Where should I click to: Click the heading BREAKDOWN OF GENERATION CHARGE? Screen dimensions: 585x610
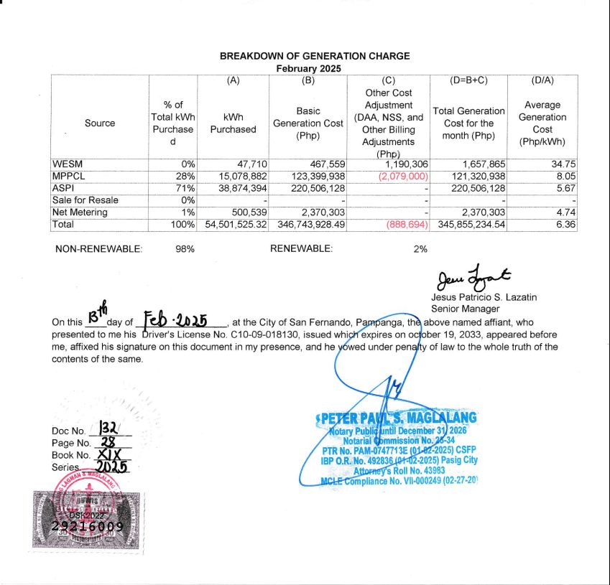pos(315,56)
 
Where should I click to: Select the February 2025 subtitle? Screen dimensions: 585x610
pos(309,68)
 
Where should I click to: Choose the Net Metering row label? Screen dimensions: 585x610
pos(80,212)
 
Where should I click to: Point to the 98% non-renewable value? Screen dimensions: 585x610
pos(185,249)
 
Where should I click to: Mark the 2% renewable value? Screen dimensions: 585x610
pos(420,249)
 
